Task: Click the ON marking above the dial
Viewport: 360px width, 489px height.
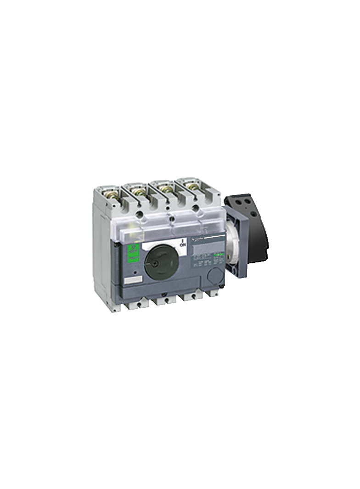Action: [182, 243]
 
